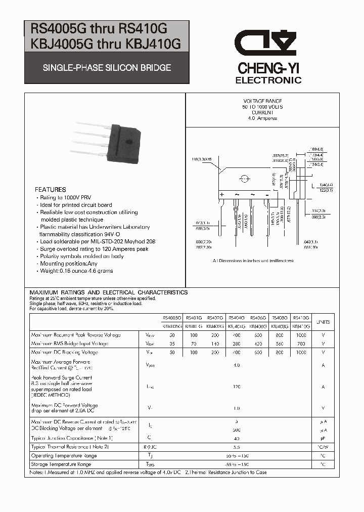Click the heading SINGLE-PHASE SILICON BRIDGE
(x=107, y=67)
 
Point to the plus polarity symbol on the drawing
(x=221, y=195)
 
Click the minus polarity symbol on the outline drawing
(x=266, y=195)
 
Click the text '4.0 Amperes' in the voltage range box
(x=262, y=118)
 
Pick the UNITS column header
(x=323, y=322)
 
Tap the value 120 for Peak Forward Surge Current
(x=237, y=387)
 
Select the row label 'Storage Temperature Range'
(x=61, y=464)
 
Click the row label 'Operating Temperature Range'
(x=64, y=456)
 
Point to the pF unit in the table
(x=323, y=438)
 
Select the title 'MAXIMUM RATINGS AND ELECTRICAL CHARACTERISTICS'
(x=109, y=292)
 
